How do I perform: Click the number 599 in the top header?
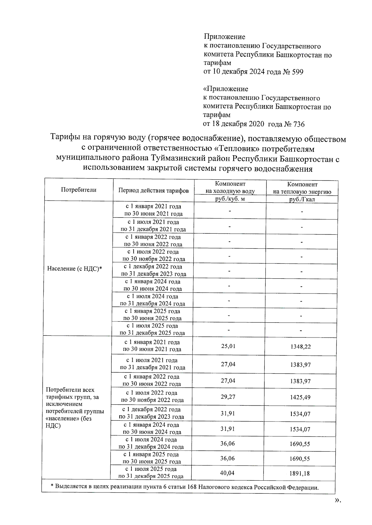coord(298,72)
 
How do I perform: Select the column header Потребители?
coord(79,190)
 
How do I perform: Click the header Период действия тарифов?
coord(153,191)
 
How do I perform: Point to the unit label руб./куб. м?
coord(230,199)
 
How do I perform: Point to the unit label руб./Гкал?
coord(302,200)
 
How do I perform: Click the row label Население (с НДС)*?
coord(75,269)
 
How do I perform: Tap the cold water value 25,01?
coord(228,346)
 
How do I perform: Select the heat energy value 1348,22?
coord(300,347)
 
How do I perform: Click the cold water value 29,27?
coord(228,397)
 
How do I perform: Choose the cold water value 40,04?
coord(227,473)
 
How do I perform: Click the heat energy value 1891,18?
coord(300,474)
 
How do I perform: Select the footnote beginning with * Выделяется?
coord(184,487)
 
